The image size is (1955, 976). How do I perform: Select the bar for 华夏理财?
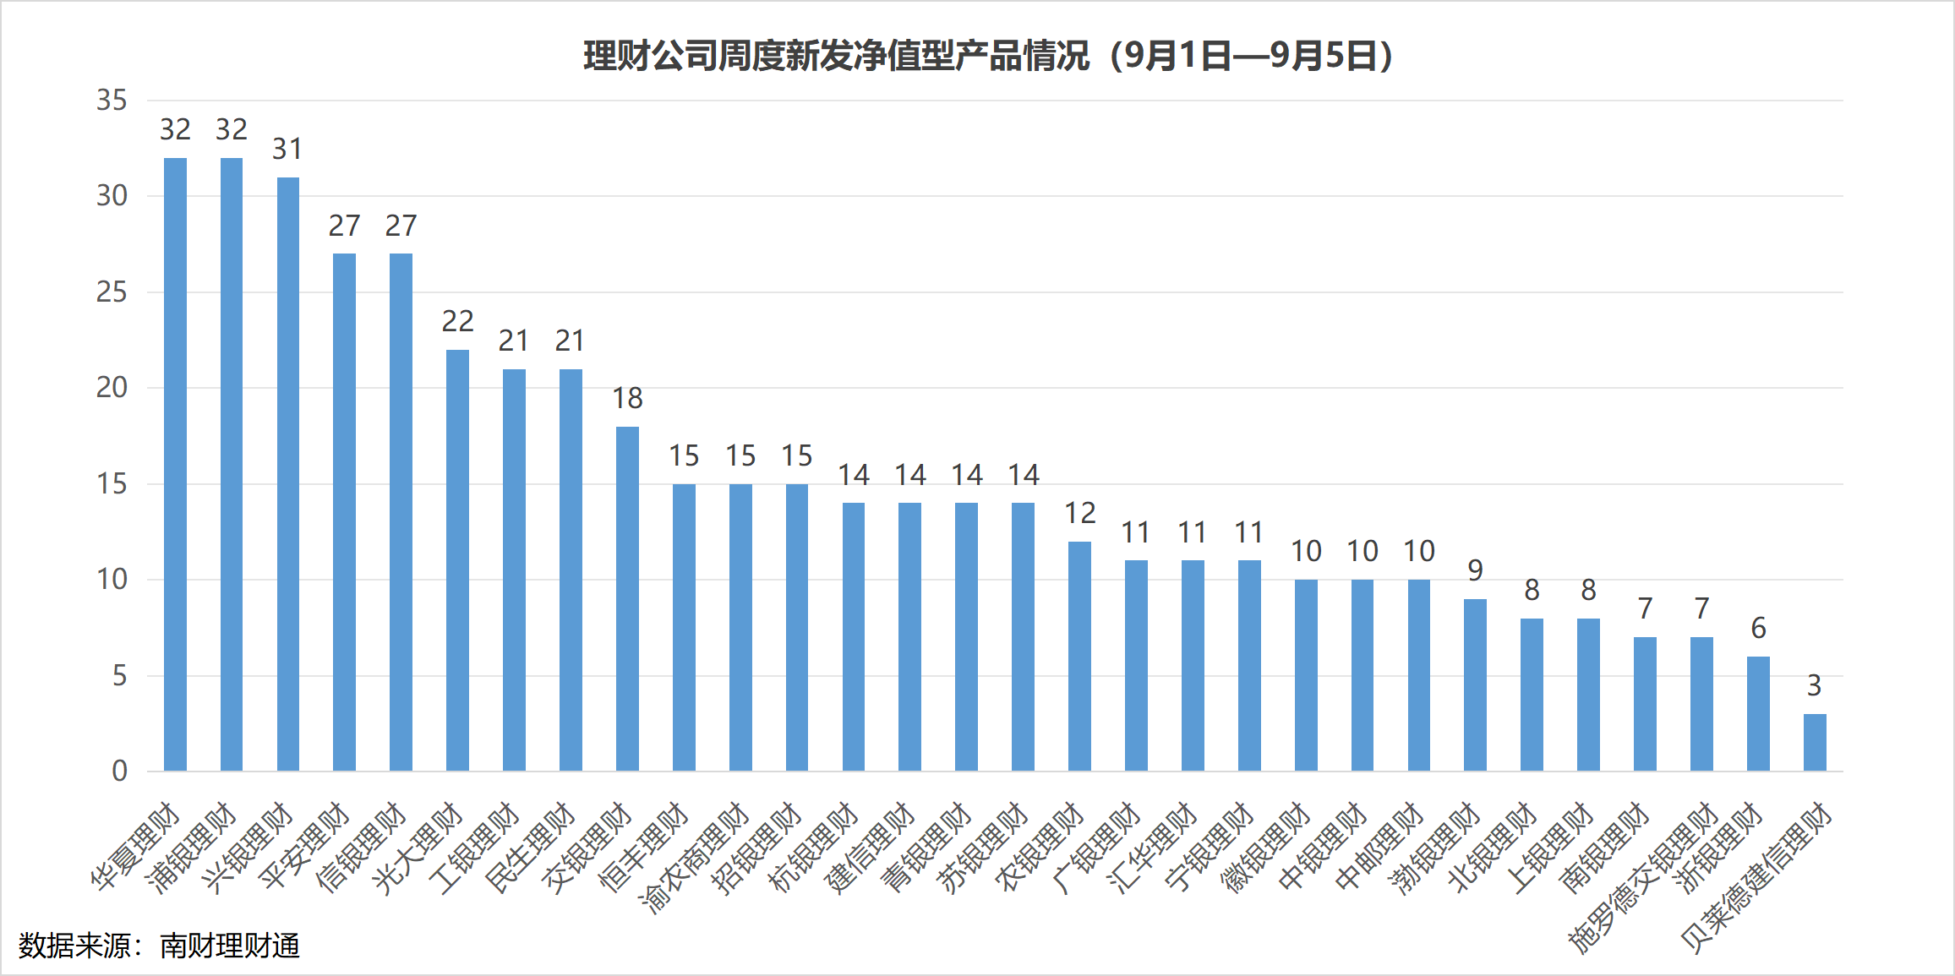(x=175, y=465)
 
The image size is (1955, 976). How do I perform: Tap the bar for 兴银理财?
(x=288, y=473)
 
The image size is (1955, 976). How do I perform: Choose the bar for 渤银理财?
(x=1475, y=684)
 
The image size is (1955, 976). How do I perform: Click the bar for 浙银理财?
(x=1758, y=713)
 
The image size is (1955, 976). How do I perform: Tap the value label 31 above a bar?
(x=287, y=149)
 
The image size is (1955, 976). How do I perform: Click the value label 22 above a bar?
(x=457, y=321)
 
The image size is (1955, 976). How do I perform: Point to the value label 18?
(x=627, y=398)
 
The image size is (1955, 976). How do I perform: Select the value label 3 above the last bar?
(x=1814, y=685)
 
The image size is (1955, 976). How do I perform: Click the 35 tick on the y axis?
(x=112, y=101)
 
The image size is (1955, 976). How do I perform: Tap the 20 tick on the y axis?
(x=112, y=388)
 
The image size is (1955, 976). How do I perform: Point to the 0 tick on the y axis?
(x=119, y=771)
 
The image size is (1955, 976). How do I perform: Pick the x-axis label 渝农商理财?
(x=695, y=858)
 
